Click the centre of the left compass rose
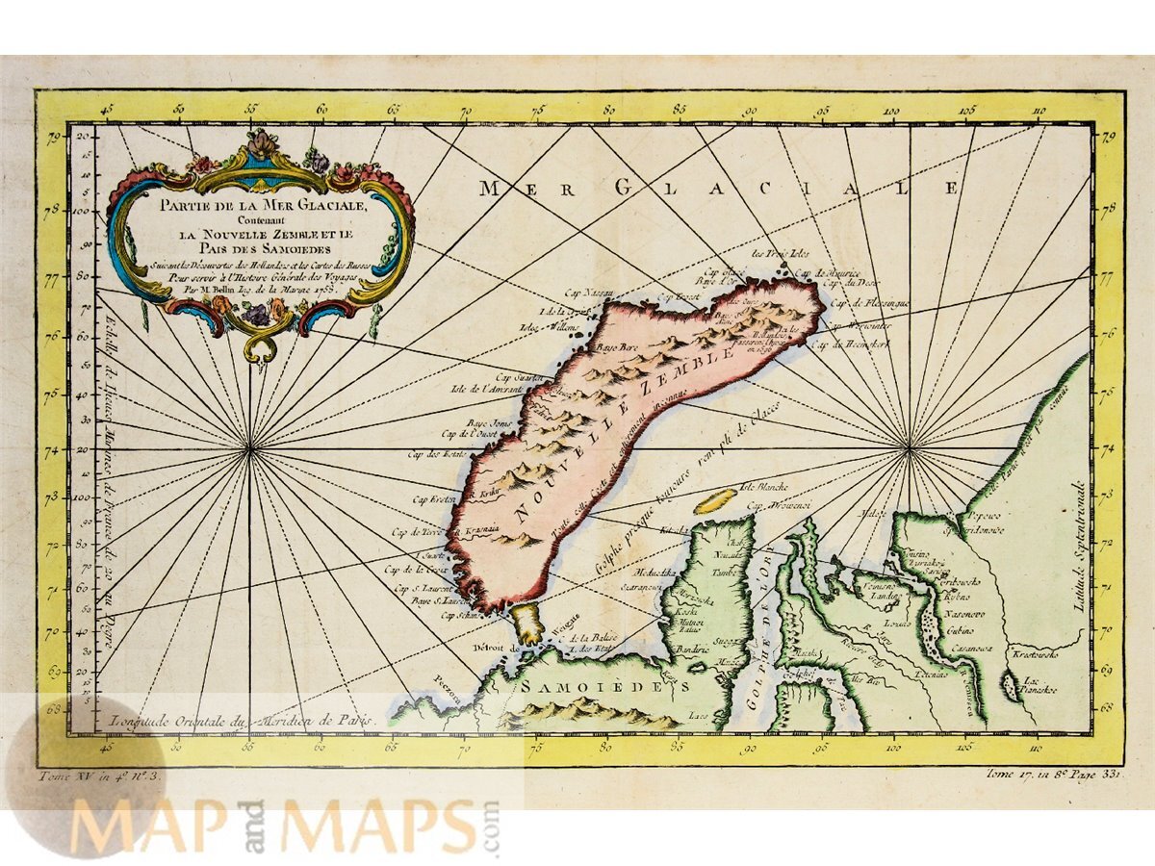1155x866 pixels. click(x=250, y=447)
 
